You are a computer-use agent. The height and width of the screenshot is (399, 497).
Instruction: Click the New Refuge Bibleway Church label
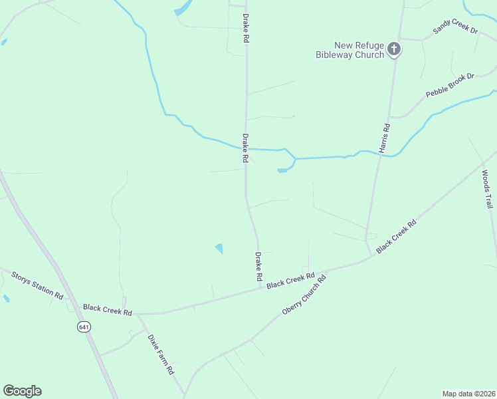(349, 50)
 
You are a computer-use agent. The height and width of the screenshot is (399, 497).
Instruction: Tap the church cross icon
(394, 49)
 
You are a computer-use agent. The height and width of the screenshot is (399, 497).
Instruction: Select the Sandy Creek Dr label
(456, 27)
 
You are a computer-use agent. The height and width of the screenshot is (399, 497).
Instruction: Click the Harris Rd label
(385, 138)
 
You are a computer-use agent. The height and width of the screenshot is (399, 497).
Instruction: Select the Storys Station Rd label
(37, 285)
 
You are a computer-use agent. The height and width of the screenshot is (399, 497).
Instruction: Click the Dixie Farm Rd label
(161, 353)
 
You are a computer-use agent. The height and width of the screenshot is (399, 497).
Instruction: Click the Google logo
(22, 391)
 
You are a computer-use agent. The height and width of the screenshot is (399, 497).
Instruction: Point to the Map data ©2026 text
(468, 394)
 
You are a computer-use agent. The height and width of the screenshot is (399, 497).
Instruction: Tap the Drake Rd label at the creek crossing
(245, 148)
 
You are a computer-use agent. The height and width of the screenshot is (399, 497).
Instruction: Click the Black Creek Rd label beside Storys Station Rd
(108, 310)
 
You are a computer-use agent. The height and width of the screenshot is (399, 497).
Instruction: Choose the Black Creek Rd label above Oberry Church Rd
(290, 280)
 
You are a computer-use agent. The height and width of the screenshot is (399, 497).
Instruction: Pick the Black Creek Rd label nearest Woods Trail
(396, 235)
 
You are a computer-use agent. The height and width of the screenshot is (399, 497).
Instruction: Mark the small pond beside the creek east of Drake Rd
(282, 171)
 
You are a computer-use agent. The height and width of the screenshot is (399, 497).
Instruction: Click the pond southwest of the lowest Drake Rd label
(219, 249)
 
